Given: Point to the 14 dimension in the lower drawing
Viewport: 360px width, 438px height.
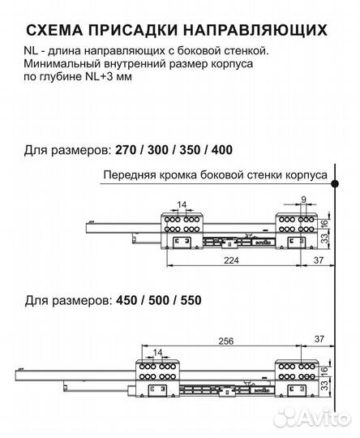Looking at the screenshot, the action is point(156,351).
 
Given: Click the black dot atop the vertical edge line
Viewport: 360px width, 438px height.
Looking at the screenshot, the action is point(334,186).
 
